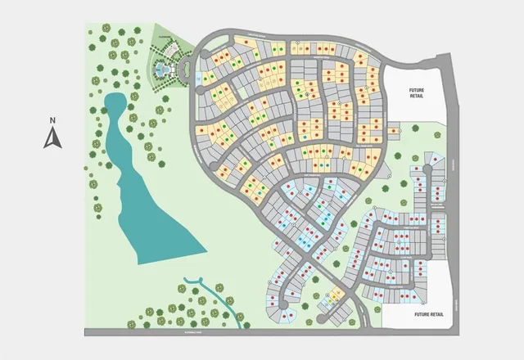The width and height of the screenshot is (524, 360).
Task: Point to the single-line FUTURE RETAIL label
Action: coord(429,314)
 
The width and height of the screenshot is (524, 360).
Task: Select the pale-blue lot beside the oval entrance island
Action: coord(199,79)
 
